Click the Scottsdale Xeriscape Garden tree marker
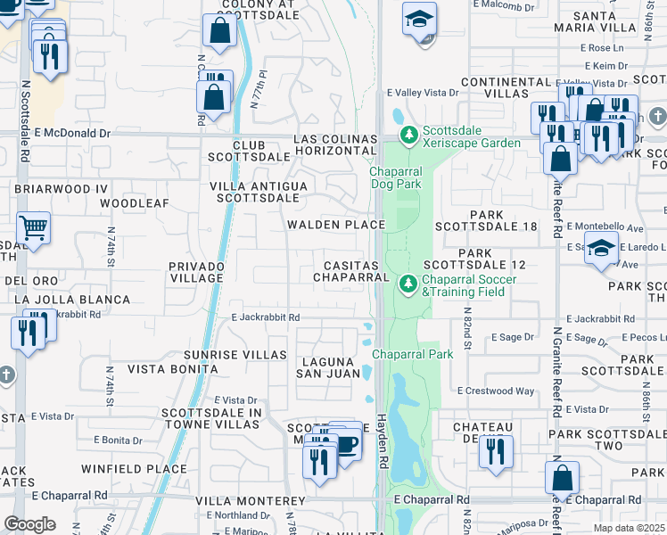click(408, 136)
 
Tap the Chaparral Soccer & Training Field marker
click(408, 284)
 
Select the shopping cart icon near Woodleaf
click(33, 228)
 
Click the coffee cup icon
click(346, 443)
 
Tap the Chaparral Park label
click(412, 354)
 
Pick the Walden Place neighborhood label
click(334, 225)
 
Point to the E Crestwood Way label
click(496, 391)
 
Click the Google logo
click(29, 524)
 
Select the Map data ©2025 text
click(628, 528)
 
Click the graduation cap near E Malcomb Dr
click(418, 19)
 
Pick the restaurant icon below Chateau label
click(496, 452)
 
